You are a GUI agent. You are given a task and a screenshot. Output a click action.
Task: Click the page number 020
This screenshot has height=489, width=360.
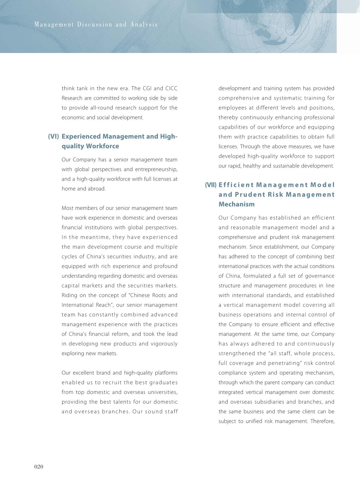[x=39, y=467]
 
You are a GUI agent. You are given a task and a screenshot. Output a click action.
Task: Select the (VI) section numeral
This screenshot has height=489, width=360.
[x=53, y=137]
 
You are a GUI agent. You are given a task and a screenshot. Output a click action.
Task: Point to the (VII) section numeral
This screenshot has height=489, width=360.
[x=211, y=185]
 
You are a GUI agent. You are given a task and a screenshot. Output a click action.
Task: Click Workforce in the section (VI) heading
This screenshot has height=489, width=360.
[x=103, y=146]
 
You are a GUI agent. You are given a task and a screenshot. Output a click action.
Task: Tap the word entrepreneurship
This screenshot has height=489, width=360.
[x=156, y=169]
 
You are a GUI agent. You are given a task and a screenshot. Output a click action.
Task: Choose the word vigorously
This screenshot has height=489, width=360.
[x=165, y=344]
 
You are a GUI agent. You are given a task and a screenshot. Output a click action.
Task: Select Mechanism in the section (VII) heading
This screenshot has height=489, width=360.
[x=237, y=204]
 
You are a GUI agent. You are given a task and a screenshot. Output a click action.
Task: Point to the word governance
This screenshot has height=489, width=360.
[x=320, y=276]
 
